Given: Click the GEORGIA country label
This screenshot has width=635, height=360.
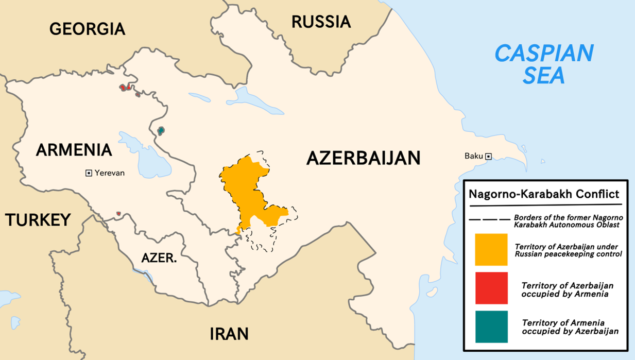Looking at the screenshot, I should coord(87,29).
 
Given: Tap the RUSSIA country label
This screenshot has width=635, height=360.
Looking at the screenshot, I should coord(321,22).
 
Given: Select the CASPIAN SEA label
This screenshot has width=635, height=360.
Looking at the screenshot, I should coord(544,64).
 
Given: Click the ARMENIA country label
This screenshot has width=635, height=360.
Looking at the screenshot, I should coord(74,150).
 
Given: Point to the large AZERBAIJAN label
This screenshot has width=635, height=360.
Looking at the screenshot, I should coord(363,158).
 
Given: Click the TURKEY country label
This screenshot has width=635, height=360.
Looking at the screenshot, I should coord(38,220).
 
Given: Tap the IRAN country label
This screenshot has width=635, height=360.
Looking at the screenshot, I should coord(229,334).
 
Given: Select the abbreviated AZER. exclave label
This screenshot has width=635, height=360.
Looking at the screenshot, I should coord(159,258).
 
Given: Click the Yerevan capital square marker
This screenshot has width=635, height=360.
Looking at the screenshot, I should coord(89,174).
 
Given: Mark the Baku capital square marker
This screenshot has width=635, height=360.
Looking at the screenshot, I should coord(488,156).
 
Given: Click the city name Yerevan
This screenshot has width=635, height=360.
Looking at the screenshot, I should coord(110,174).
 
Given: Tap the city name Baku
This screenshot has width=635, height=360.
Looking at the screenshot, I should coord(474,156).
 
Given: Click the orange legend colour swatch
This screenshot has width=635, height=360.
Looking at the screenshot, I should coord(491,250).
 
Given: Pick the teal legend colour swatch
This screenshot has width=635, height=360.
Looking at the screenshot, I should coord(491,327).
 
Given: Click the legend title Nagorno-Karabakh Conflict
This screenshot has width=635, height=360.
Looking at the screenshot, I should coord(544,195).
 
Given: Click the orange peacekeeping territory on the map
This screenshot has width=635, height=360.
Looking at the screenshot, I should coord(247,185).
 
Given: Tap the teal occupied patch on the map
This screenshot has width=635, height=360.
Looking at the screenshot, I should coord(161,131).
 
